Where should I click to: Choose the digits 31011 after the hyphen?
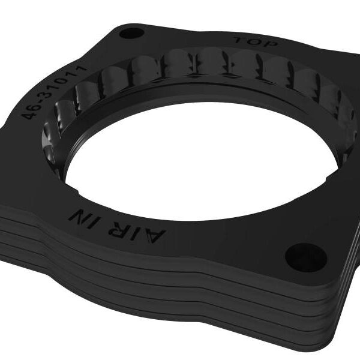point(67,83)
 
